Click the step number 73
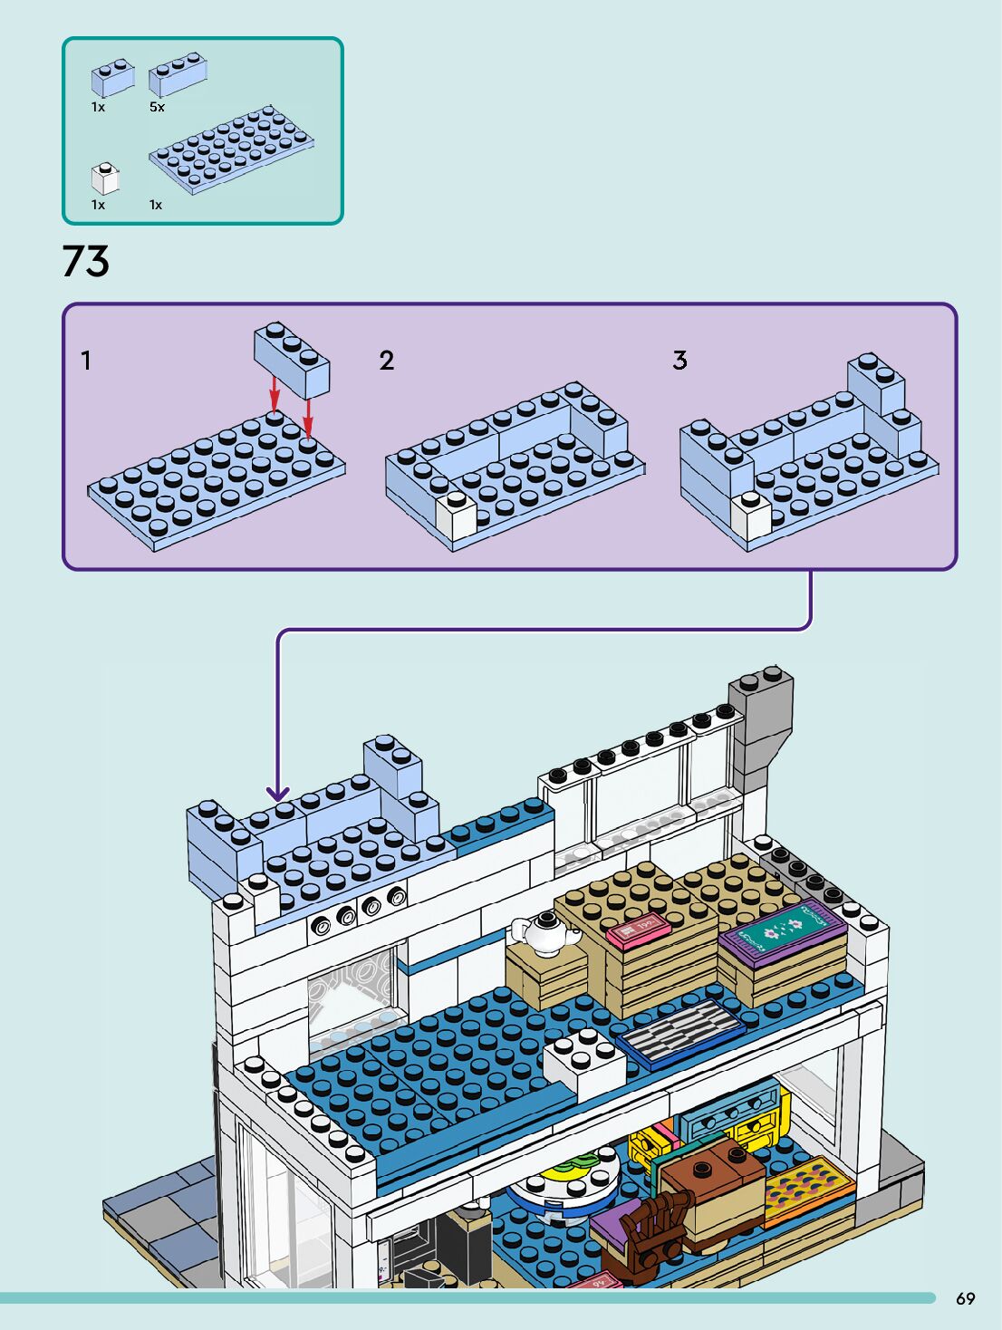85,261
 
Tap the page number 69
965,1298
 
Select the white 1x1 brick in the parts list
105,178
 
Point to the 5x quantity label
157,107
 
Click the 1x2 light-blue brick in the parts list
112,78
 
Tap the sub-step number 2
387,361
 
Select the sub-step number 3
679,361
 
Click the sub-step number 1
86,361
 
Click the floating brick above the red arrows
292,360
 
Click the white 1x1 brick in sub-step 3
751,516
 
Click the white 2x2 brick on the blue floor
585,1063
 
